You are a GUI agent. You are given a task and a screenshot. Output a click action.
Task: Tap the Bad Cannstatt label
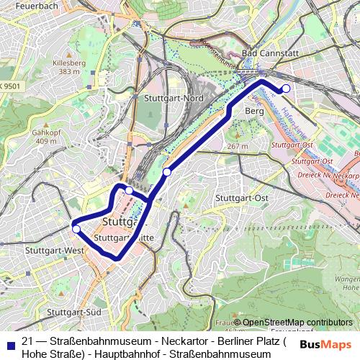[269, 53]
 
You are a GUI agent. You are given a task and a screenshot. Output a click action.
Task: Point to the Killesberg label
[68, 63]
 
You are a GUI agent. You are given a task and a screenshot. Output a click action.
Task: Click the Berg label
[255, 112]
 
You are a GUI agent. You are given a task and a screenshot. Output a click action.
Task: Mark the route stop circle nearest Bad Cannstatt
[285, 89]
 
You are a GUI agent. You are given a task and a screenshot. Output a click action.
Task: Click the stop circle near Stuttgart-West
[76, 229]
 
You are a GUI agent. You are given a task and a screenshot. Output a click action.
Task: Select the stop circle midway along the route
[167, 171]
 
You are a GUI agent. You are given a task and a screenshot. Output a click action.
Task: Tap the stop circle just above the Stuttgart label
[128, 190]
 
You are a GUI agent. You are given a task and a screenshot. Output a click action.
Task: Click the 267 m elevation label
[236, 146]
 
